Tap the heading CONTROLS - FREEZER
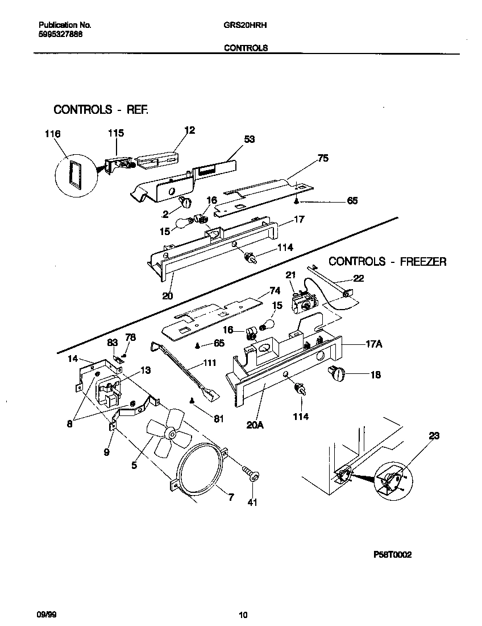[x=388, y=262]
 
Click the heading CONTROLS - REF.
[x=101, y=109]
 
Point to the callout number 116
[x=52, y=134]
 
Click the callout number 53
[x=249, y=139]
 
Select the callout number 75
[x=322, y=159]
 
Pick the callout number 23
[x=434, y=436]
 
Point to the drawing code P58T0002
[x=392, y=555]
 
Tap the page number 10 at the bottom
[x=243, y=614]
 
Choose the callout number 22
[x=359, y=278]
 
